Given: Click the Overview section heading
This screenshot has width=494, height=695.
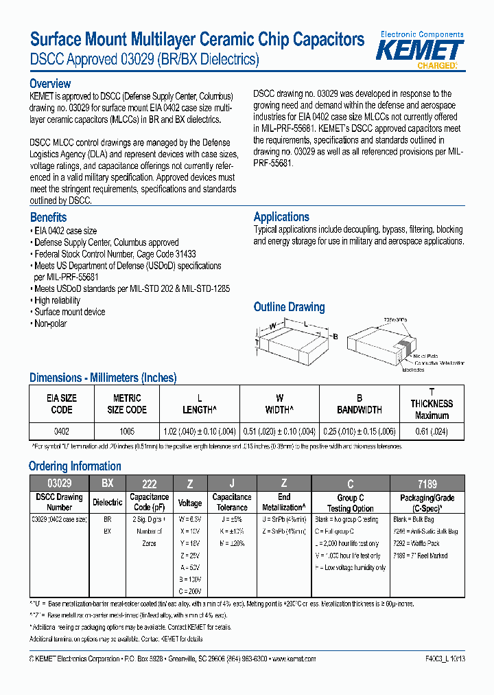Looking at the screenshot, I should (50, 84).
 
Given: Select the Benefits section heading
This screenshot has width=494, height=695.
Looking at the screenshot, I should (48, 217).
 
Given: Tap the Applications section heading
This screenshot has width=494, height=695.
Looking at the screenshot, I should (281, 216).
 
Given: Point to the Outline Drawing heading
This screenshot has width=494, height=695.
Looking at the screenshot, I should (289, 307).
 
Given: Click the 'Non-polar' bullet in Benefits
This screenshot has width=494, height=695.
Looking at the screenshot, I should (50, 323).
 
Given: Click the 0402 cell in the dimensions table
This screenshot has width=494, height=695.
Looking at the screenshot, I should (62, 431).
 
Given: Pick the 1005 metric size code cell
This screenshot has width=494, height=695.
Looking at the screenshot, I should (126, 431).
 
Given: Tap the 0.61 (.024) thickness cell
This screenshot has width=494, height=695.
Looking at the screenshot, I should (432, 431).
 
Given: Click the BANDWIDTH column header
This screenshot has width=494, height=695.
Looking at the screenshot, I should (359, 410).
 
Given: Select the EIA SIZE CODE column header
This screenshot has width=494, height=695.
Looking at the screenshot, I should (62, 404).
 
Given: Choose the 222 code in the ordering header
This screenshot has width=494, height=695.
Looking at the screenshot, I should (149, 483).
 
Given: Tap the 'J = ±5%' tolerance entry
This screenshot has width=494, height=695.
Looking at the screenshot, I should (231, 519).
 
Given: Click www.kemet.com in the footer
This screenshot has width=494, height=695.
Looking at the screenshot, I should (294, 658).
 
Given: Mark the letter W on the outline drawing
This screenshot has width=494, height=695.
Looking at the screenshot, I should (272, 326).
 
